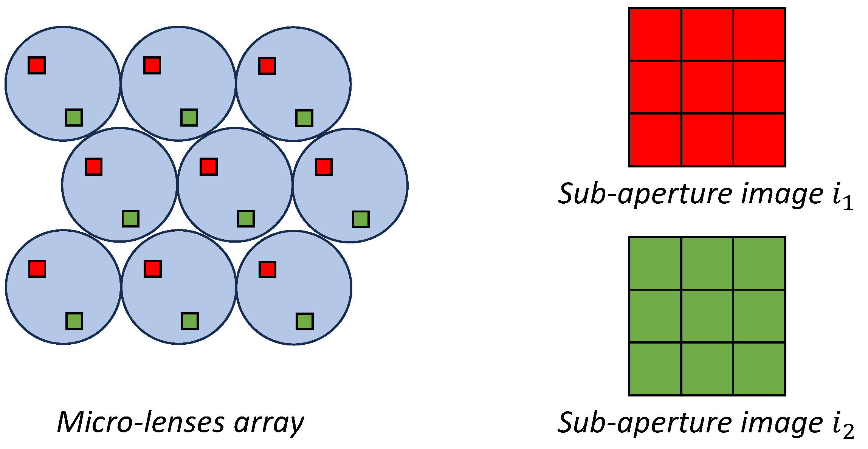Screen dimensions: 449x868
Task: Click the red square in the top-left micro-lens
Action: (x=37, y=65)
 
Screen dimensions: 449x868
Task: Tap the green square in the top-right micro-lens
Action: (x=304, y=118)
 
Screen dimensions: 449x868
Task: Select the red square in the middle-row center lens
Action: (x=209, y=167)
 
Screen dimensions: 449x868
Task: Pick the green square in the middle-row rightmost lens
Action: (x=361, y=219)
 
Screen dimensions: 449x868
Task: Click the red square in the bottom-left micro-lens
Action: (x=37, y=269)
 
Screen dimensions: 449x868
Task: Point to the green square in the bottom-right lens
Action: (x=304, y=322)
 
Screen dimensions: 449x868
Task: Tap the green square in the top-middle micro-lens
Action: (x=189, y=118)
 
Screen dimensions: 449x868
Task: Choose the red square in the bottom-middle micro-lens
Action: (x=153, y=269)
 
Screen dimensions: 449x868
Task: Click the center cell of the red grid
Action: (x=707, y=87)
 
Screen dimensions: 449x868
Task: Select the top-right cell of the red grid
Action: (x=759, y=34)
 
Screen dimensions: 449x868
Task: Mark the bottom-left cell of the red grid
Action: (x=655, y=139)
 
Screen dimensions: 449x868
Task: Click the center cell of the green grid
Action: (x=707, y=316)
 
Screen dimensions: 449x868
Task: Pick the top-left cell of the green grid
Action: (x=655, y=263)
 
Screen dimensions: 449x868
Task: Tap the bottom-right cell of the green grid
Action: (x=759, y=368)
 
